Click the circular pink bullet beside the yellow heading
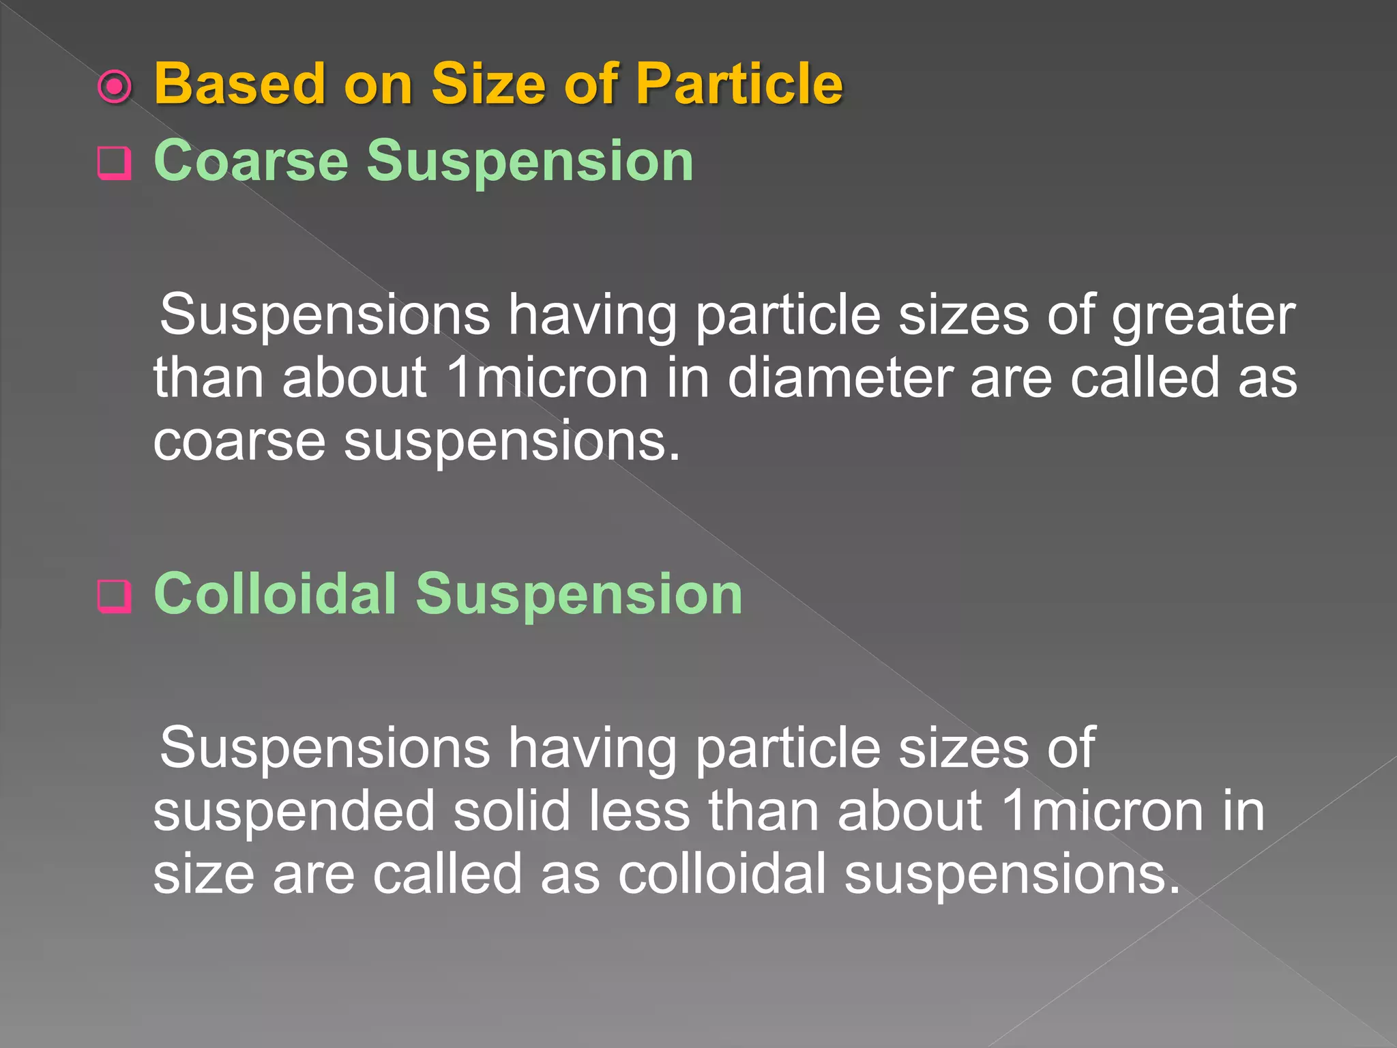coord(115,87)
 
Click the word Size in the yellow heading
coord(489,84)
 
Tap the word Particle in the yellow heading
coord(739,84)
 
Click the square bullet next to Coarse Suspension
coord(114,163)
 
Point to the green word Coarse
coord(251,161)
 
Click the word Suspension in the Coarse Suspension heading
coord(530,162)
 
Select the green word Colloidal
coord(276,594)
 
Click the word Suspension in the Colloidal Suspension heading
coord(579,595)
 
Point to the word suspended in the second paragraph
coord(294,812)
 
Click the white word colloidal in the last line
coord(722,874)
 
